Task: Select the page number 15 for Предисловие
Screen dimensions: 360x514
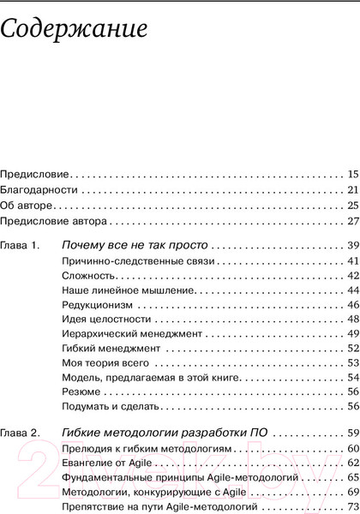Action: click(x=351, y=173)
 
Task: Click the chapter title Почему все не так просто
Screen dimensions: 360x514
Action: click(x=135, y=246)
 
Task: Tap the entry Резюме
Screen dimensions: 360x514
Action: click(x=81, y=392)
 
